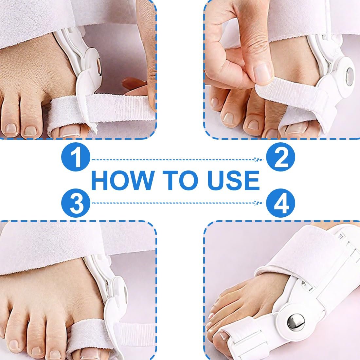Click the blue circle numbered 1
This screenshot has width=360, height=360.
tap(76, 158)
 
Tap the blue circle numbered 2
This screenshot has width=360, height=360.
tap(280, 158)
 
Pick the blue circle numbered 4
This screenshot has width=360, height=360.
tap(280, 203)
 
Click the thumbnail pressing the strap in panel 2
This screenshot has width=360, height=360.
tap(264, 72)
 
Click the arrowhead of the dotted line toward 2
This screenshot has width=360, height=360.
tap(257, 160)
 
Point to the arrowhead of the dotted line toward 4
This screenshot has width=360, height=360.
tap(257, 203)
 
